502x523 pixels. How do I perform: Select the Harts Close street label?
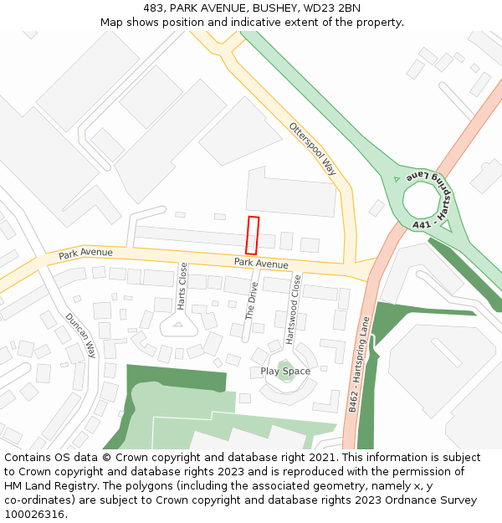click(x=182, y=286)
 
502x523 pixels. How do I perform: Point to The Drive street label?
click(x=250, y=300)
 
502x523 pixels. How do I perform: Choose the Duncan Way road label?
click(x=81, y=336)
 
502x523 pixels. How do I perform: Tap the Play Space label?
click(x=285, y=372)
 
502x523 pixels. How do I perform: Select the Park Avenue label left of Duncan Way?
click(x=85, y=253)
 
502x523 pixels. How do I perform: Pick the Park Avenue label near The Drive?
click(x=261, y=264)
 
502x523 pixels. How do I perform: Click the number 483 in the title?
click(x=152, y=8)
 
